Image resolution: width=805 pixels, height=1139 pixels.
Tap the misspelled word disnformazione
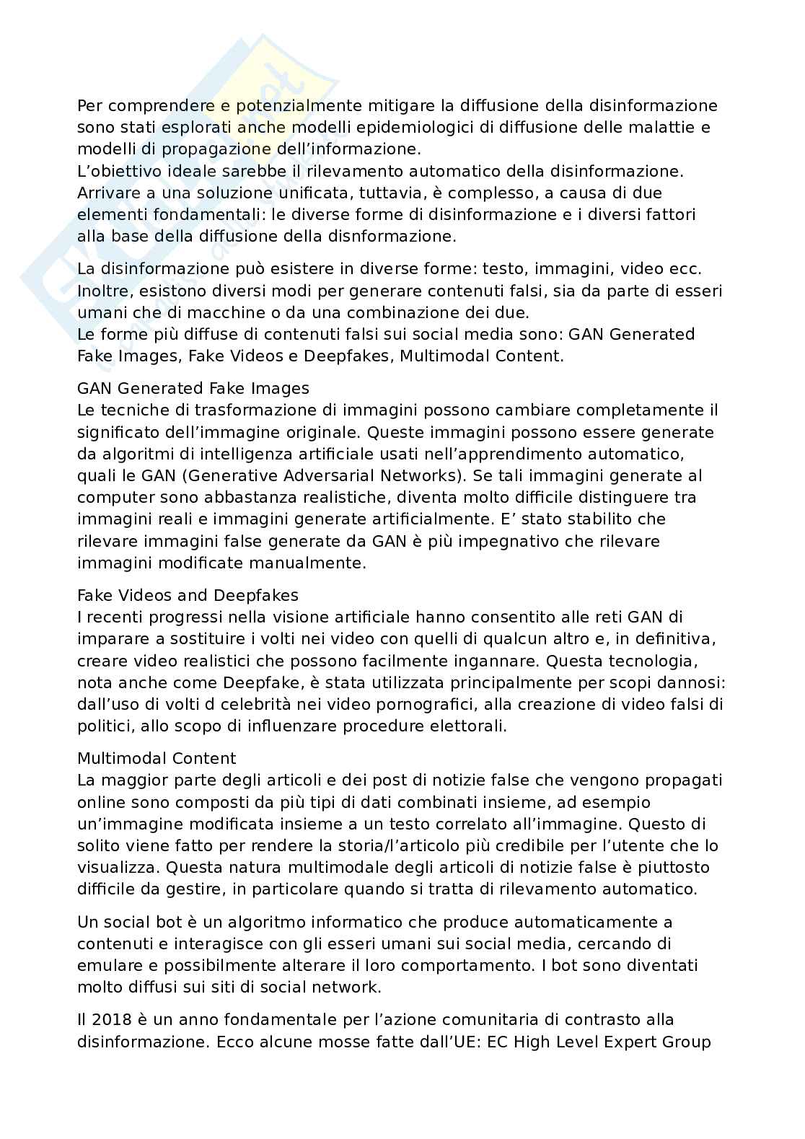[392, 237]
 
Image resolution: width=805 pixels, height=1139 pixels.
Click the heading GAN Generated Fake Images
[193, 389]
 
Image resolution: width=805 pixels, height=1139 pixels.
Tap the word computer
[113, 498]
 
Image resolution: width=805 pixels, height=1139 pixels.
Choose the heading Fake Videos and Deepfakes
[188, 596]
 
